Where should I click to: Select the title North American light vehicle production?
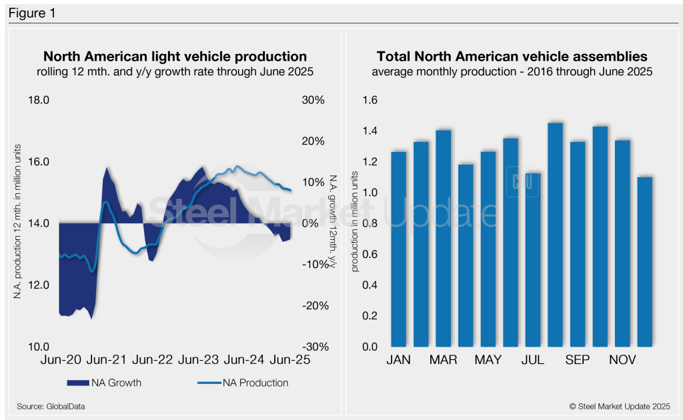[x=175, y=57]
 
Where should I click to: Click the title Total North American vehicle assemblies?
[x=512, y=57]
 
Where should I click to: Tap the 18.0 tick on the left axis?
[x=38, y=101]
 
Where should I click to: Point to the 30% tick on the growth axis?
[x=313, y=101]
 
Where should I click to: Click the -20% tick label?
[x=311, y=306]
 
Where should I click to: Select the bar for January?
[x=398, y=250]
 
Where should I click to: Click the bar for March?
[x=444, y=239]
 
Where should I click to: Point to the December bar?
[x=645, y=262]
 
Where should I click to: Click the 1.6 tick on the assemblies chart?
[x=370, y=101]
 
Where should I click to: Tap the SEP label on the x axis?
[x=578, y=360]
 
